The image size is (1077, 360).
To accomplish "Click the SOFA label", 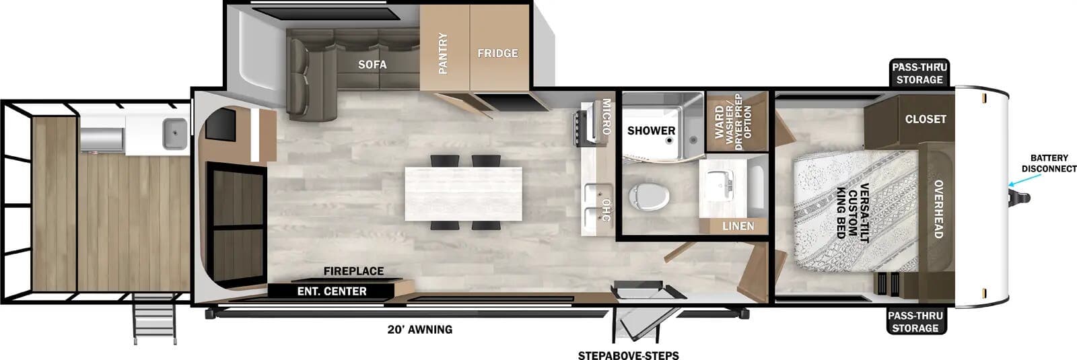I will click(x=372, y=65).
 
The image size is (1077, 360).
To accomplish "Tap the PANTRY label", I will click(x=443, y=53).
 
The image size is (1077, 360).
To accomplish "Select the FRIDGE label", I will click(x=497, y=53).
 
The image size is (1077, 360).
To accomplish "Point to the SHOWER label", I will click(x=651, y=131).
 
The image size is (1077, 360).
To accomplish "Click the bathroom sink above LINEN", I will click(x=718, y=182).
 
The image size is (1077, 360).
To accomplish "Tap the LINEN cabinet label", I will click(x=738, y=226).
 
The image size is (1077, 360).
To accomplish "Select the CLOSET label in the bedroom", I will click(x=926, y=119).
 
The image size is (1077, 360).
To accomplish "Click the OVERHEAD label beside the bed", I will click(x=938, y=209).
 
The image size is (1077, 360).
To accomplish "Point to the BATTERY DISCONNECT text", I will click(x=1049, y=164).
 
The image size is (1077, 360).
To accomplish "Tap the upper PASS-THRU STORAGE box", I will click(x=919, y=73).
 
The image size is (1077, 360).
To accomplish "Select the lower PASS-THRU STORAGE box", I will click(x=915, y=322).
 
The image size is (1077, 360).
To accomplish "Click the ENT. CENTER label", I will click(x=332, y=291).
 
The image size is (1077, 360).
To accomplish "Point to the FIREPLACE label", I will click(x=353, y=271).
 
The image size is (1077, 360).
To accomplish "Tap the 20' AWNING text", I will click(x=419, y=330).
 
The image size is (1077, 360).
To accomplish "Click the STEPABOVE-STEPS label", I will click(x=628, y=355).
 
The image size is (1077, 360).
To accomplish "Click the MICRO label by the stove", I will click(x=606, y=116).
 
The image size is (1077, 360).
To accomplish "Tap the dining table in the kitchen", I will click(x=463, y=192).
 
